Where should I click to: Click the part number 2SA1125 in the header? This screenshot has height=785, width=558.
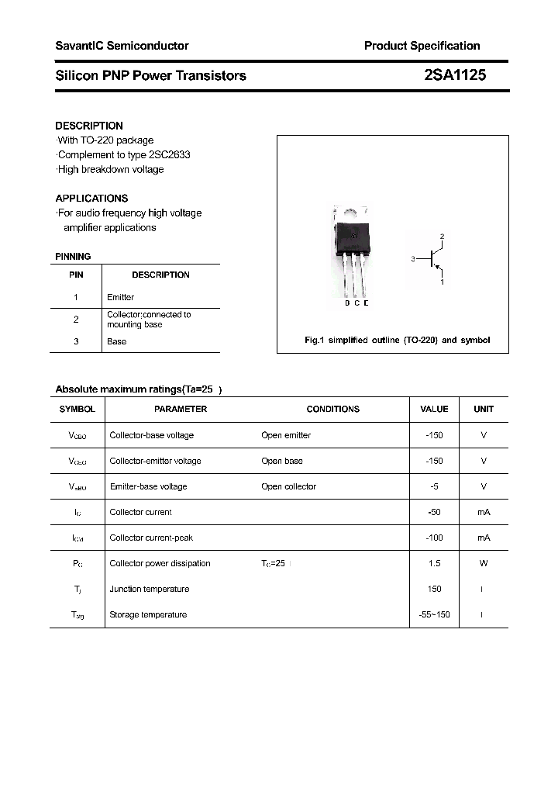click(x=455, y=75)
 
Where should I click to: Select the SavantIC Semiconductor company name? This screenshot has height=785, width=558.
click(x=122, y=46)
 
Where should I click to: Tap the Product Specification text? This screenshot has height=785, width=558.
click(x=422, y=46)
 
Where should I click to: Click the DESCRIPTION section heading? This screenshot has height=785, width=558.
click(x=89, y=126)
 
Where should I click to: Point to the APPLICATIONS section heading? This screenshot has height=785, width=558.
click(x=91, y=198)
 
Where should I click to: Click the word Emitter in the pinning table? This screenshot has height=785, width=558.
click(x=120, y=297)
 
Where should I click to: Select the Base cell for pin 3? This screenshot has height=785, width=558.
click(x=116, y=341)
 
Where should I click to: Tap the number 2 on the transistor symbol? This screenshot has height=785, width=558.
click(x=442, y=236)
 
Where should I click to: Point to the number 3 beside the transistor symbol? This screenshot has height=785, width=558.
click(x=413, y=258)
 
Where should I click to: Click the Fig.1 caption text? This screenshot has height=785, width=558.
click(x=396, y=341)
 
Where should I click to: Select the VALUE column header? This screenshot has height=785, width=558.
click(x=434, y=409)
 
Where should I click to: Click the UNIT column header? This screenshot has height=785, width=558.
click(x=484, y=409)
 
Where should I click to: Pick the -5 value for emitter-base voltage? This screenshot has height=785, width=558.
click(x=434, y=486)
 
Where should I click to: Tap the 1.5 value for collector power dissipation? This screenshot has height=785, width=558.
click(x=434, y=563)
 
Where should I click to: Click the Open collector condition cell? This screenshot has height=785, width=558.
click(x=288, y=486)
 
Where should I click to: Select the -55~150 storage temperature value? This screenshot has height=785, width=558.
click(x=434, y=614)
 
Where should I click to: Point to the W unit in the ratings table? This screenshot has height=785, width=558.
click(x=484, y=563)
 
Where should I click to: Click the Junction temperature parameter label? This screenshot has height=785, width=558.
click(x=149, y=589)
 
